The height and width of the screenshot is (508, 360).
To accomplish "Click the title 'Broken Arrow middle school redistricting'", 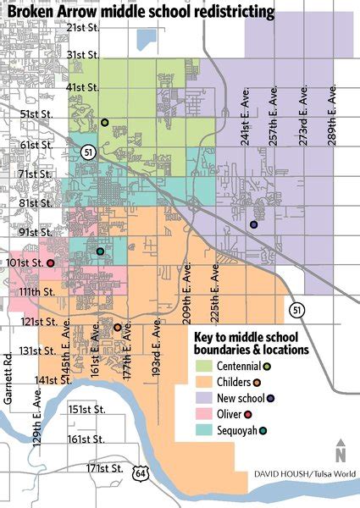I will [141, 12].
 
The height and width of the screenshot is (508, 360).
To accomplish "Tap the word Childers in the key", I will [236, 381].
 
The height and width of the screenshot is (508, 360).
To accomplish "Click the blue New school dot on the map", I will [254, 224].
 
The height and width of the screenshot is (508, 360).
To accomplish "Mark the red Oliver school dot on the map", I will [50, 263].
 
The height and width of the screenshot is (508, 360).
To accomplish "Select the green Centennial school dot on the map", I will [104, 123].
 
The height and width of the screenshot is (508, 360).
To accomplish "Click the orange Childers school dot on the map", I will [117, 328].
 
